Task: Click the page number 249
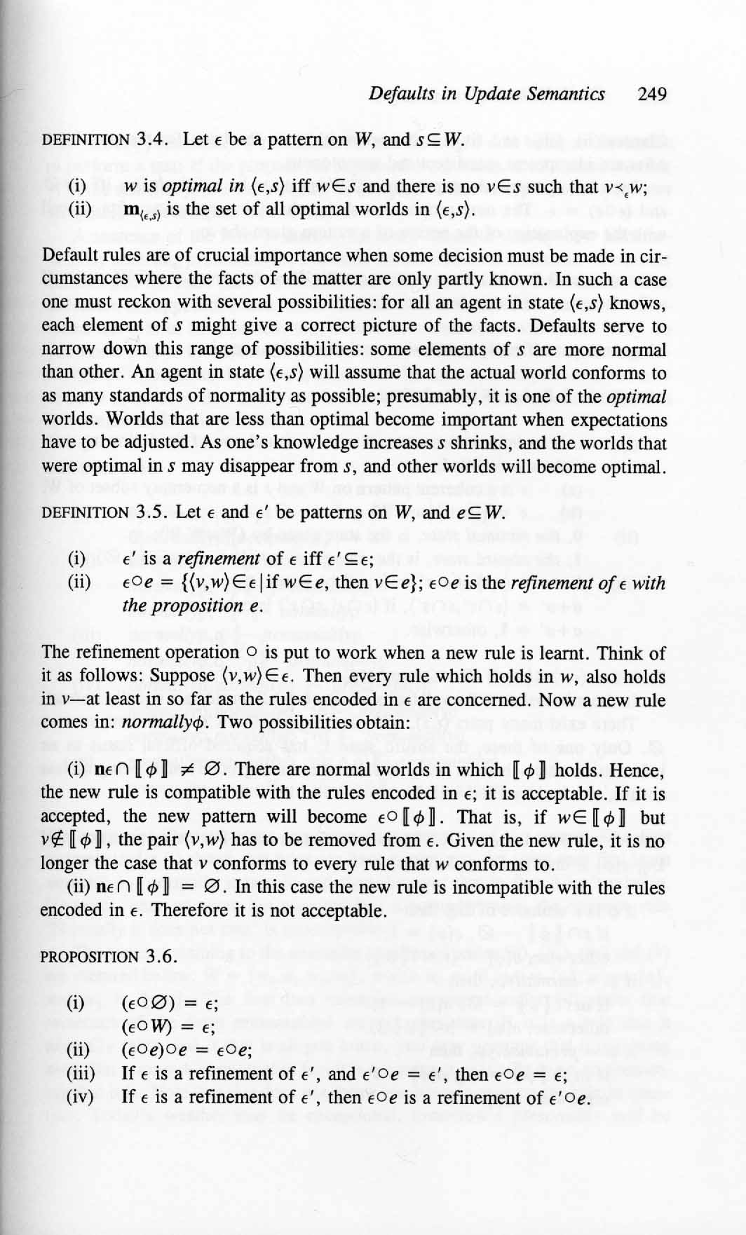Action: coord(652,94)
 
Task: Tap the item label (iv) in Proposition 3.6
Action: coord(80,1096)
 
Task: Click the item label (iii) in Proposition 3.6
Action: coord(80,1073)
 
